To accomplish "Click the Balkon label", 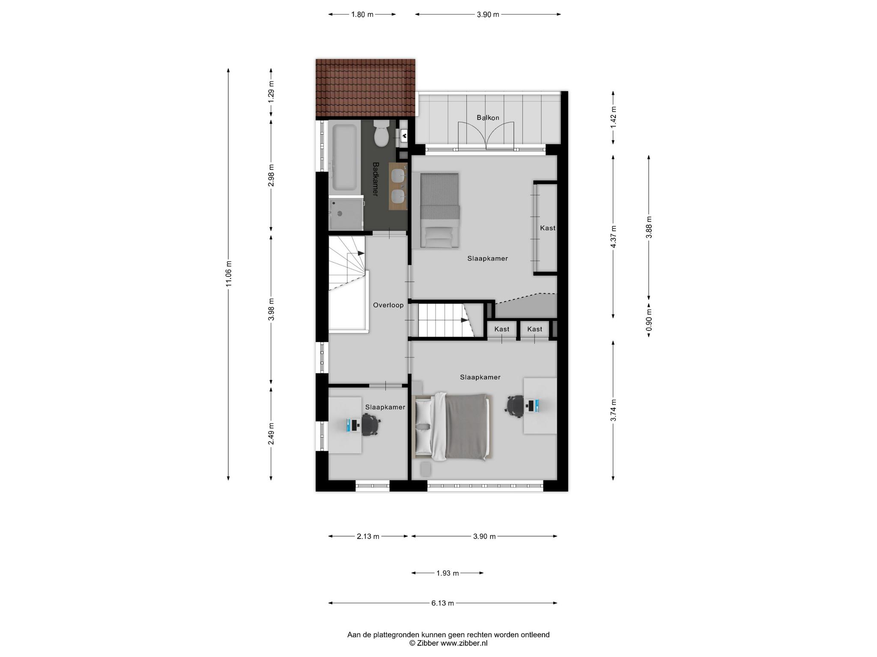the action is coord(488,118).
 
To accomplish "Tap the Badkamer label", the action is coord(376,179).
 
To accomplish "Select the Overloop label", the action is coord(388,305).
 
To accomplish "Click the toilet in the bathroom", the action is coord(381,133).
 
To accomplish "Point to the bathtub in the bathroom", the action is coord(344,157).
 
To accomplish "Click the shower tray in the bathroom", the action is coord(346,213).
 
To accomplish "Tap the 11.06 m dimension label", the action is coord(229,274).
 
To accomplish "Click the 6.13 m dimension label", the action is coord(442,603).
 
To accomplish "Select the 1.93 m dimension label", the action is coord(447,573).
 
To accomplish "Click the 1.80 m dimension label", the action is coord(362,15).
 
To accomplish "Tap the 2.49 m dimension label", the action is coord(271,433).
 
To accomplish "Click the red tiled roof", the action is coord(365,88).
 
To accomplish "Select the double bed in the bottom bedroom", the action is coord(452,427).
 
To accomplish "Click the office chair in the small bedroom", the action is coord(371,425).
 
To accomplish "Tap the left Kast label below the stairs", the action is coord(501,329).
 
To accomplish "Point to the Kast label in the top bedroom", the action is coord(548,228).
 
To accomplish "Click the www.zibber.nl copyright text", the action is coord(448,643).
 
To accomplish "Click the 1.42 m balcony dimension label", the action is coord(613,118).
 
